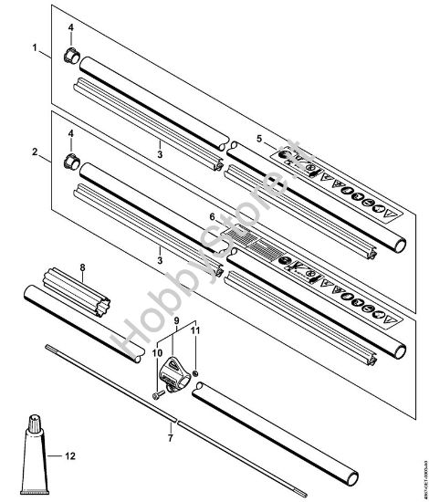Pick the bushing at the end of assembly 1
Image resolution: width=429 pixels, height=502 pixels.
69,57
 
